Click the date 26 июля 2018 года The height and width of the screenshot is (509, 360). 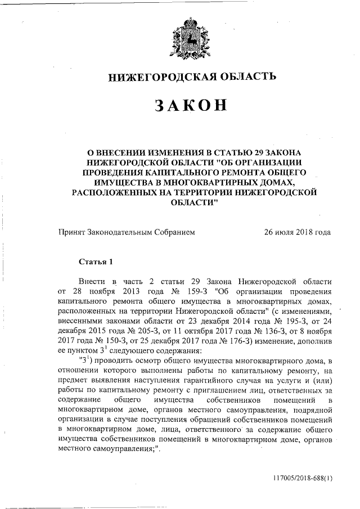(x=297, y=232)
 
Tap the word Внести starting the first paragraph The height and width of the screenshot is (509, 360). (x=92, y=281)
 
